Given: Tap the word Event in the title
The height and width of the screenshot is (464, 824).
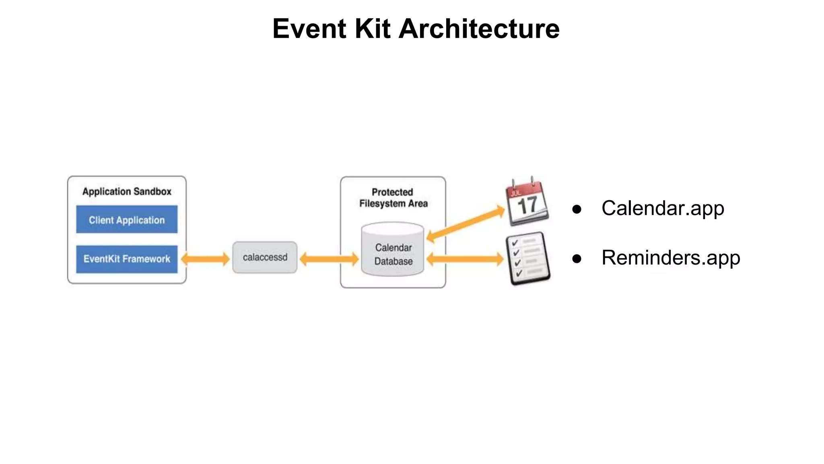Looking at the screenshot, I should coord(309,29).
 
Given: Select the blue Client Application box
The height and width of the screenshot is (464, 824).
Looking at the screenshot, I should coord(127,220).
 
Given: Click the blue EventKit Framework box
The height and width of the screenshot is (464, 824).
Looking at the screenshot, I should coord(127,259).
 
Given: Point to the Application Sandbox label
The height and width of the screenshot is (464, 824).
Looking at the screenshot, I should coord(127,191).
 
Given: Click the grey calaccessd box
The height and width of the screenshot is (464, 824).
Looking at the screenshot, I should coord(265,257).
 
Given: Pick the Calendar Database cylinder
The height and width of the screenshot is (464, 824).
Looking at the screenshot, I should coord(393,250).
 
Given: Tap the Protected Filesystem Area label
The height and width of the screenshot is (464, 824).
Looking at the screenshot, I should coord(393,198).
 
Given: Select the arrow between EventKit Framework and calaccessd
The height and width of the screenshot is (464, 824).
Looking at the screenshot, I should coord(205,259).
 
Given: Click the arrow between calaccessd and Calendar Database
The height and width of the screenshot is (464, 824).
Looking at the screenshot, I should coord(329,259).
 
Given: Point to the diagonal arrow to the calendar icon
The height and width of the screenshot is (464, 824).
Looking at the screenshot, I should coord(466,224).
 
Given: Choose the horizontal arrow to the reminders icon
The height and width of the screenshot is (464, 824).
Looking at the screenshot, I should coord(465,259).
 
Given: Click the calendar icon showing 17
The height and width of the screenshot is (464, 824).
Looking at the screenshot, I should coord(527,201).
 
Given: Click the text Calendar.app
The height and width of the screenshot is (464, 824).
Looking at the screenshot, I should coord(663,208).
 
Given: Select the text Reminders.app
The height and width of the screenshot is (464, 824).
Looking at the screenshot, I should coord(670,258).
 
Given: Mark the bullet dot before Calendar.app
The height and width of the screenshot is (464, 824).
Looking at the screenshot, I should coord(577,209).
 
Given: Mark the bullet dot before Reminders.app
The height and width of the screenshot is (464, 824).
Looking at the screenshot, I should coord(577,259).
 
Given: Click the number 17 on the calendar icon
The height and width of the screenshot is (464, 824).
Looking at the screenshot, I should coord(527,205).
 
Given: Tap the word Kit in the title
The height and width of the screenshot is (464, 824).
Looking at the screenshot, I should coord(372,29).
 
